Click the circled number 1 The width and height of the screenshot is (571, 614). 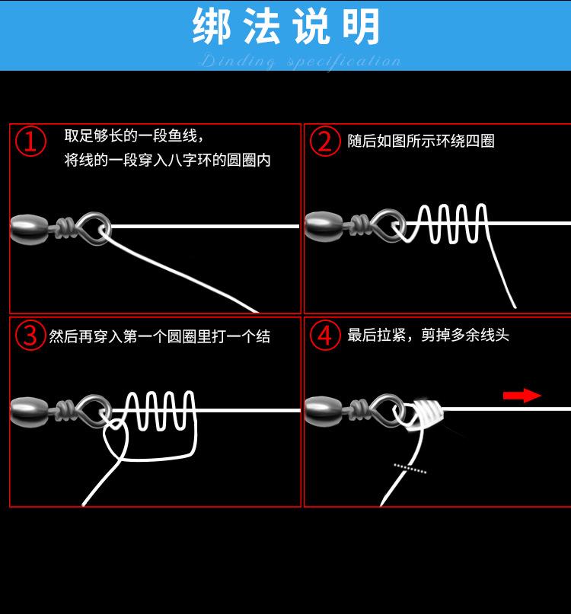[x=30, y=141]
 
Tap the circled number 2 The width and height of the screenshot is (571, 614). [x=325, y=141]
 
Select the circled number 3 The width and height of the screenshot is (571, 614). [x=30, y=335]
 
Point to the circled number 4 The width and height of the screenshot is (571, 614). [x=325, y=335]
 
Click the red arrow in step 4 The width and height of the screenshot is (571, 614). [x=522, y=396]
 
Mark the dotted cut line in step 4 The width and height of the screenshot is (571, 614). [x=410, y=469]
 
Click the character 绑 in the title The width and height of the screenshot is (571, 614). [x=212, y=27]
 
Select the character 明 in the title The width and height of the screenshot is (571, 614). [x=361, y=27]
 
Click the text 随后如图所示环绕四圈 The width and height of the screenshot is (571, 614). [x=421, y=141]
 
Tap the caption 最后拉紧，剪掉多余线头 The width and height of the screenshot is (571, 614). [x=428, y=336]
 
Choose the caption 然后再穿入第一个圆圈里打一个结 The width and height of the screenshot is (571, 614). [x=160, y=336]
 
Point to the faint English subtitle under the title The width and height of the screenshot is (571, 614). [x=301, y=62]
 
